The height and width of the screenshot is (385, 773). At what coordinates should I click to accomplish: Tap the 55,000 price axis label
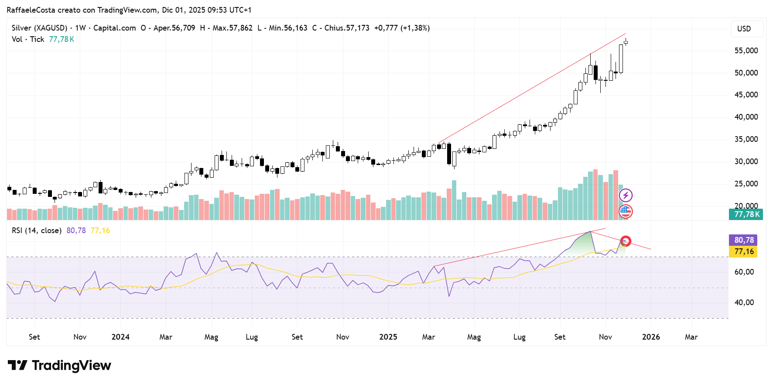(746, 51)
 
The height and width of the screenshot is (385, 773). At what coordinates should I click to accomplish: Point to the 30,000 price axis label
(746, 162)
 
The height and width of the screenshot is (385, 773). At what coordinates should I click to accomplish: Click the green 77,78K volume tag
(746, 214)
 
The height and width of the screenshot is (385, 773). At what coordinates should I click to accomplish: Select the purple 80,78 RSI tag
(744, 240)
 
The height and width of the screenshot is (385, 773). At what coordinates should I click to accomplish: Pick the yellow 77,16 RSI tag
(744, 251)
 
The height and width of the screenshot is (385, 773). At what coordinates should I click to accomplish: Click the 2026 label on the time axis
(651, 337)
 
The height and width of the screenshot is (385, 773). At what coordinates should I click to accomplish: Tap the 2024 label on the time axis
(120, 337)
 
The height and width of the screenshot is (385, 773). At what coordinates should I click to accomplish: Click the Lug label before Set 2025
(519, 337)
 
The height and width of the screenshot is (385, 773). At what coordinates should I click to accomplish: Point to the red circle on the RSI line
(626, 241)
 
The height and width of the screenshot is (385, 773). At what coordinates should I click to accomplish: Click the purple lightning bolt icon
(626, 195)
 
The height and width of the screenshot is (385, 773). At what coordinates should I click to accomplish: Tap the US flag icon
(626, 212)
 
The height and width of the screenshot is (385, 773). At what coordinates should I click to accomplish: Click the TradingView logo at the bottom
(59, 365)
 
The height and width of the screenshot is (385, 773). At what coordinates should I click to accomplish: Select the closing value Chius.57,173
(347, 28)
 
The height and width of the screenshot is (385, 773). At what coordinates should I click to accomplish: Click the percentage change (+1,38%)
(415, 28)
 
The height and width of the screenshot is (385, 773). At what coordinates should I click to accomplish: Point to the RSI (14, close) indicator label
(37, 230)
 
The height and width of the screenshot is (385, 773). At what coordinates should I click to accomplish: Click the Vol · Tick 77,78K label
(43, 39)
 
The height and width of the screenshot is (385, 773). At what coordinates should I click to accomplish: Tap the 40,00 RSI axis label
(744, 302)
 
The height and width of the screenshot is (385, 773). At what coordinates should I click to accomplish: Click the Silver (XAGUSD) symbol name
(39, 28)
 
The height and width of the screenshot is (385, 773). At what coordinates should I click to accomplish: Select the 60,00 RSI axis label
(744, 272)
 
